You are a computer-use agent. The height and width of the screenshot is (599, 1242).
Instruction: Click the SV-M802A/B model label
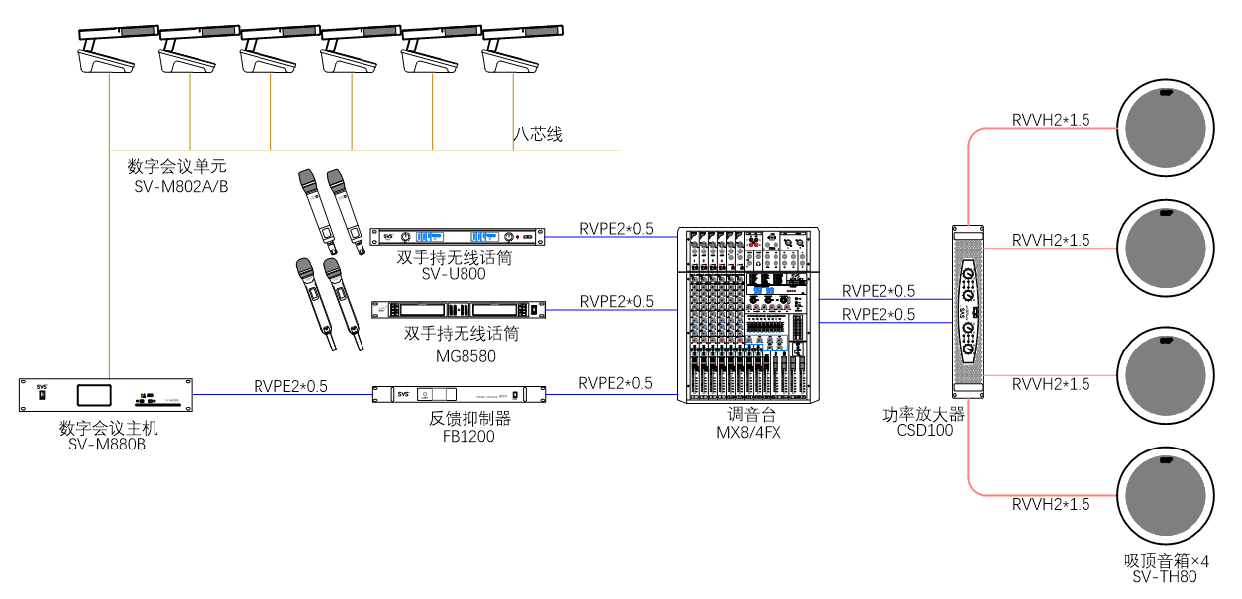coord(181,186)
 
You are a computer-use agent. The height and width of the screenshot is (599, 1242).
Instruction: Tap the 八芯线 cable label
coord(537,134)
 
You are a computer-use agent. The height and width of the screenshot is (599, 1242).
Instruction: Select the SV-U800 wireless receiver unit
coord(458,236)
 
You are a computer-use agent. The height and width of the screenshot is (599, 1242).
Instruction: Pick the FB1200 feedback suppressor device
coord(458,394)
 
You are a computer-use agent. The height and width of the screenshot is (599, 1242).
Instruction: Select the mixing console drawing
coord(749,315)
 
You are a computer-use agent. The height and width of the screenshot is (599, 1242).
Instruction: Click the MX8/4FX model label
coord(749,432)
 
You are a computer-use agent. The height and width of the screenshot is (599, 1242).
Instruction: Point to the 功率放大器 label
coord(923,414)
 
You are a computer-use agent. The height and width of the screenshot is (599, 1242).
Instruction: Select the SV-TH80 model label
coord(1165,577)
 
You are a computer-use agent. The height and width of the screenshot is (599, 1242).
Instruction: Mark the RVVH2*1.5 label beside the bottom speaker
coord(1050,505)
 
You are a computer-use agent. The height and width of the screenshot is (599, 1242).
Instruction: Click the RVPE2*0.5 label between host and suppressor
coord(290,386)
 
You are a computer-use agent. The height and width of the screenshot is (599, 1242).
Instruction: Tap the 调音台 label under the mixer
coord(749,414)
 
